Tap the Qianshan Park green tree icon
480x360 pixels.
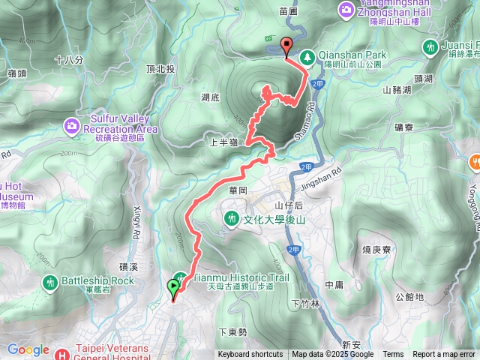[307, 56]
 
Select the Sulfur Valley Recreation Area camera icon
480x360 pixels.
[71, 124]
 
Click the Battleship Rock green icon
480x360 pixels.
[49, 282]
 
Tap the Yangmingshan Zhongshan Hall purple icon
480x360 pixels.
[346, 9]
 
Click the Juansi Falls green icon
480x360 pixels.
[430, 47]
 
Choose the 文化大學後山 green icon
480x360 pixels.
[232, 218]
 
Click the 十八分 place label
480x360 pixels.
[68, 58]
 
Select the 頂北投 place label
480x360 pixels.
[160, 70]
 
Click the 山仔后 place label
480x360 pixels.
[288, 204]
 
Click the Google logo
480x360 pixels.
[28, 349]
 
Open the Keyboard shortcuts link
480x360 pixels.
[250, 355]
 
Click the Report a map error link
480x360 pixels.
[444, 355]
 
